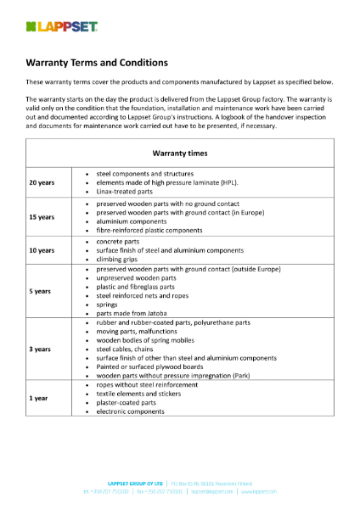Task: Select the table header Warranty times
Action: pyautogui.click(x=179, y=154)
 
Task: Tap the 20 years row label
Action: pyautogui.click(x=42, y=182)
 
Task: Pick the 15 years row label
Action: pyautogui.click(x=42, y=217)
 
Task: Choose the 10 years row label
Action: pyautogui.click(x=42, y=251)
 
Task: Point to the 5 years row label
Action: pyautogui.click(x=40, y=291)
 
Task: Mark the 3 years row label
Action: pyautogui.click(x=40, y=349)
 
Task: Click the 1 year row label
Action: pyautogui.click(x=38, y=398)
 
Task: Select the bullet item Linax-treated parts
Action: pyautogui.click(x=131, y=193)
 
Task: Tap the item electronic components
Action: pyautogui.click(x=135, y=412)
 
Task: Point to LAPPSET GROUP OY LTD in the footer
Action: pyautogui.click(x=131, y=482)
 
